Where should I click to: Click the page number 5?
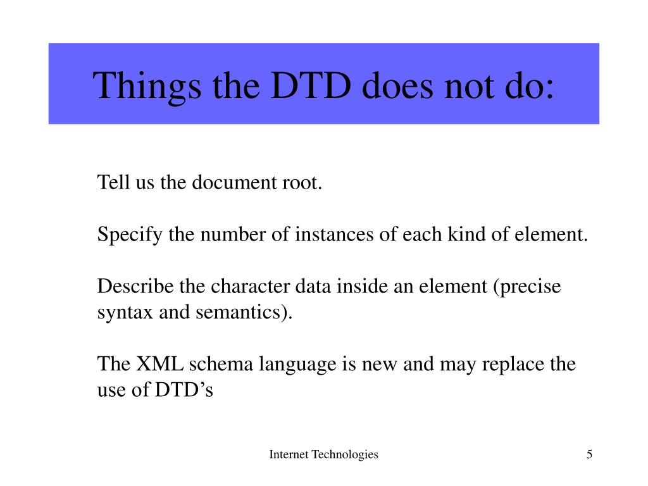(589, 454)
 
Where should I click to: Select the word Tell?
(112, 183)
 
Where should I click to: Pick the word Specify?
(130, 235)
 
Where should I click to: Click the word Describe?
(136, 287)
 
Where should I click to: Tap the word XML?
(159, 365)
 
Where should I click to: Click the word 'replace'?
(513, 365)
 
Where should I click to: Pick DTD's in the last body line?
(184, 390)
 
